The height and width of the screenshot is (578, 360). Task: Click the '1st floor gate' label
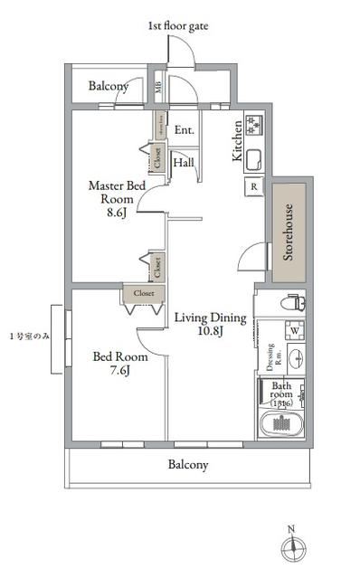pyautogui.click(x=177, y=27)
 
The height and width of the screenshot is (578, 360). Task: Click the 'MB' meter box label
pyautogui.click(x=158, y=88)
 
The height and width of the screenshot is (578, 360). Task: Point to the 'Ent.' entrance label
pyautogui.click(x=184, y=129)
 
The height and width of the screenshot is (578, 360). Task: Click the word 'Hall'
pyautogui.click(x=184, y=163)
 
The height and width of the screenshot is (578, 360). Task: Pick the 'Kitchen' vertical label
pyautogui.click(x=238, y=141)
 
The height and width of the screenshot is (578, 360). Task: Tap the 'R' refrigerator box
pyautogui.click(x=254, y=187)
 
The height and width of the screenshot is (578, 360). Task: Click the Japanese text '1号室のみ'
pyautogui.click(x=29, y=336)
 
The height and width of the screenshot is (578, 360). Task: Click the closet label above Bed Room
pyautogui.click(x=143, y=294)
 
